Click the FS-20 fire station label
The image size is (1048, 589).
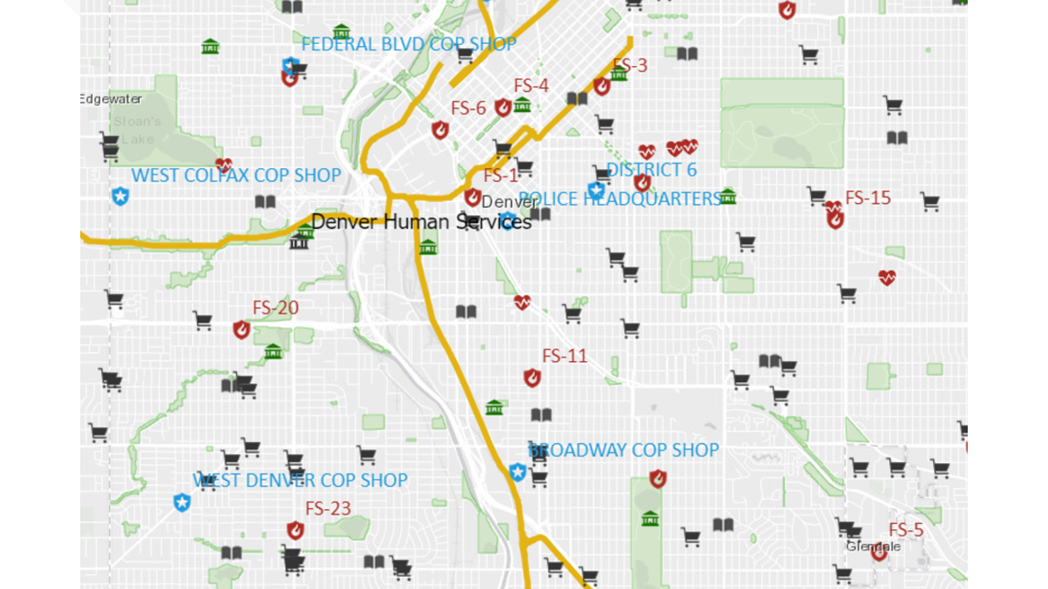[x=276, y=308]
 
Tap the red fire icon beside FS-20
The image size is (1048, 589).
[x=242, y=330]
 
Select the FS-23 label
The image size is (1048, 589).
[x=328, y=508]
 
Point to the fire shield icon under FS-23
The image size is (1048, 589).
[x=295, y=530]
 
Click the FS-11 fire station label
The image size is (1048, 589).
[x=564, y=356]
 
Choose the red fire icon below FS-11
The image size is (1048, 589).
[x=532, y=378]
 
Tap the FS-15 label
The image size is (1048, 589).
[x=868, y=198]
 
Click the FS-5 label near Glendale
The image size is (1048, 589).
[x=906, y=530]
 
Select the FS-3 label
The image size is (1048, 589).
[x=630, y=65]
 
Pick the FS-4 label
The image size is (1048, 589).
[x=531, y=85]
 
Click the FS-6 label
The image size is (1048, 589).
[x=468, y=108]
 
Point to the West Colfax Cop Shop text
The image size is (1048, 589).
[x=236, y=175]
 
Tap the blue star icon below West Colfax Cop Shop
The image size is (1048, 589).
[x=120, y=196]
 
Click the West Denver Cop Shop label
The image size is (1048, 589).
[x=300, y=480]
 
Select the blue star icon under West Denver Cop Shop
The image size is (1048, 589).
[x=182, y=502]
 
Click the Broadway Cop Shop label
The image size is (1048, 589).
[x=623, y=449]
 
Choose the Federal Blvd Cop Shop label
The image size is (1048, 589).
[x=409, y=44]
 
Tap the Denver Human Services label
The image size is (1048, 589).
[x=421, y=221]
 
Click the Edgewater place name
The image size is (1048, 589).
[x=111, y=99]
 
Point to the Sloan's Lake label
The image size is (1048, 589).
[x=138, y=130]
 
